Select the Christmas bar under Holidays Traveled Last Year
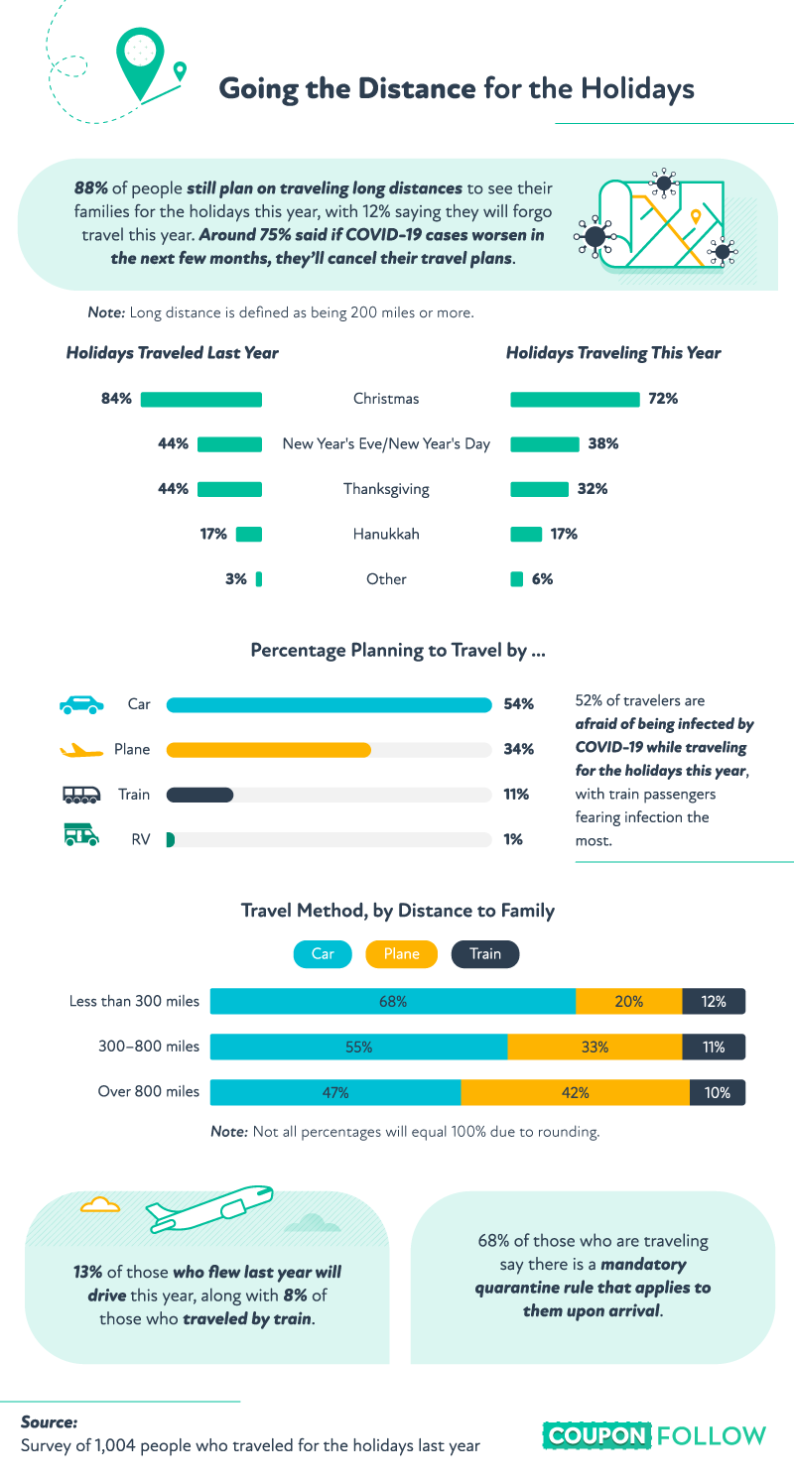[201, 399]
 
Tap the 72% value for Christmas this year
[662, 399]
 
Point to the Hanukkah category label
[386, 534]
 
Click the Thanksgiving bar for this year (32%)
[539, 489]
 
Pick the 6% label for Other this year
[542, 579]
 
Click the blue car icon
[80, 704]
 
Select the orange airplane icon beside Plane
[80, 750]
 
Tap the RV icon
[80, 838]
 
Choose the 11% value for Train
[516, 795]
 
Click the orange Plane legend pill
[402, 954]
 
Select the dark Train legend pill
[485, 954]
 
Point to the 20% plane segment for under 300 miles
[629, 1002]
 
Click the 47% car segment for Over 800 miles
[335, 1093]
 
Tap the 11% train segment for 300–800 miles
[714, 1048]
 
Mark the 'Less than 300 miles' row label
[134, 1002]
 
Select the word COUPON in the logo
[596, 1435]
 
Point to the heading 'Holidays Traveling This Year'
[613, 353]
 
